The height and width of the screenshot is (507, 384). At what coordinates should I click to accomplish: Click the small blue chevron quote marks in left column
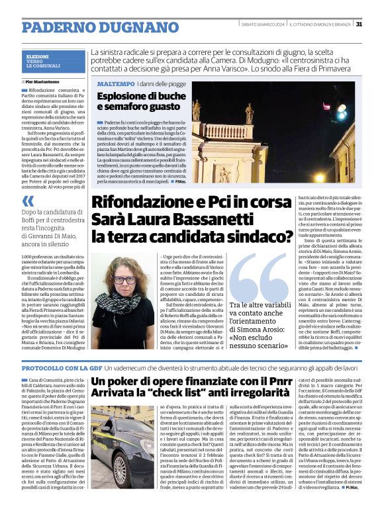28,201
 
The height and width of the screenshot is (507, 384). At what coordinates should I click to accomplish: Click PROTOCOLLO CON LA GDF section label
61,367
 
